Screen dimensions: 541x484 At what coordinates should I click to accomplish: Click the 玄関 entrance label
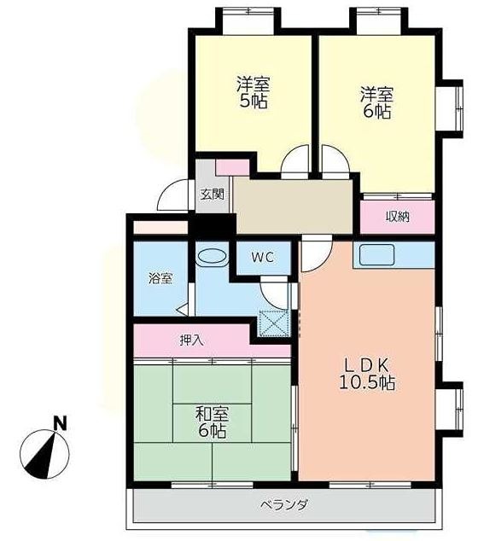point(212,194)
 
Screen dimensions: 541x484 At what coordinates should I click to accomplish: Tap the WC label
point(262,256)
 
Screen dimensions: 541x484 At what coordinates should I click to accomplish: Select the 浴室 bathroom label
point(160,278)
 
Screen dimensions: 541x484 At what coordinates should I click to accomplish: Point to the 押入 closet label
point(191,340)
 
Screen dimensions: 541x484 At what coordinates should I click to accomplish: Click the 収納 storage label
point(397,217)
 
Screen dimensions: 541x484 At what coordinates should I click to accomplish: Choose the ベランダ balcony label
point(284,504)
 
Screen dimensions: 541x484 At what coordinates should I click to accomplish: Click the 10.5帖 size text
point(366,383)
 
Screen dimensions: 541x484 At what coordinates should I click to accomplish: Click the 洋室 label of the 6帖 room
point(375,94)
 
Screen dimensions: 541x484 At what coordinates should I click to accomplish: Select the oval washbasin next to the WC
point(212,255)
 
